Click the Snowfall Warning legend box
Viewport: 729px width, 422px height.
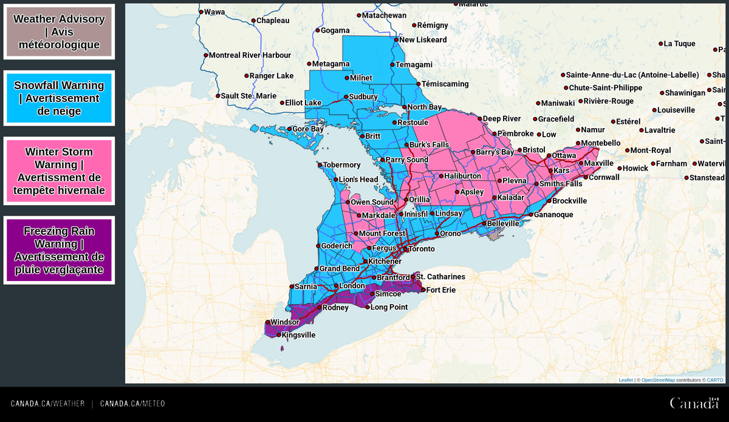click(x=59, y=98)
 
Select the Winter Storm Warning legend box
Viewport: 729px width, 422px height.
click(x=59, y=171)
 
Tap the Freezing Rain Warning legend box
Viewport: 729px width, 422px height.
click(x=59, y=250)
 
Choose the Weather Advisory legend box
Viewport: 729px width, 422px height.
click(x=59, y=32)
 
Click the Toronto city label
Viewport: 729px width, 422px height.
click(x=421, y=249)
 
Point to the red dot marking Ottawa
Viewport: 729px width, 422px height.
click(x=549, y=156)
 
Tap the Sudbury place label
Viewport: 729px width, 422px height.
click(x=363, y=97)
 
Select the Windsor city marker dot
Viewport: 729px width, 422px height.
click(x=267, y=322)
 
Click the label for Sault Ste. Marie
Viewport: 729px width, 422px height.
click(x=248, y=96)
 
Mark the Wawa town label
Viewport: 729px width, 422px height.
click(x=214, y=12)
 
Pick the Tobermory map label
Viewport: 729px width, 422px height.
click(x=341, y=165)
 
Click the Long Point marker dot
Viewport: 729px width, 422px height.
click(x=368, y=307)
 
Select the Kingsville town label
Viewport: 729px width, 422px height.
click(x=298, y=335)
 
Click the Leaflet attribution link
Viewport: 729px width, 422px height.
click(x=626, y=380)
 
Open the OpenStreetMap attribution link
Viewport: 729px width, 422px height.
click(x=658, y=380)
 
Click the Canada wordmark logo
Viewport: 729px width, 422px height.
click(x=694, y=403)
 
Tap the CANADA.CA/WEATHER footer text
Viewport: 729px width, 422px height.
click(x=47, y=404)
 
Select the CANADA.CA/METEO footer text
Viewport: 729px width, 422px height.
click(x=132, y=404)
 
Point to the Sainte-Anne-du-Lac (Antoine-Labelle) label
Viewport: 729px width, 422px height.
click(x=632, y=75)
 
